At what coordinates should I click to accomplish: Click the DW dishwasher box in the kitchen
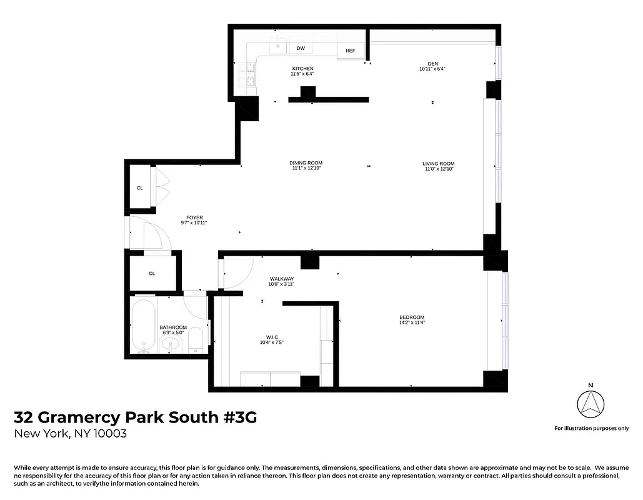coord(301,48)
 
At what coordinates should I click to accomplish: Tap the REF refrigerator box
coord(351,51)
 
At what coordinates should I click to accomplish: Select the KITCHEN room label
coord(302,69)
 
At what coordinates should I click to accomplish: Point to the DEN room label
coord(432,63)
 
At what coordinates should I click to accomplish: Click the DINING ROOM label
coord(307,163)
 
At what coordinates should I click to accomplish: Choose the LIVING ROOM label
coord(438,164)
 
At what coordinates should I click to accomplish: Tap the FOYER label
coord(194,217)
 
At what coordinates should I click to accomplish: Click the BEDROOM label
coord(412,317)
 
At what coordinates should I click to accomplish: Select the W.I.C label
coord(272,338)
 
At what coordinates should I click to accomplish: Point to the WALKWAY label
coord(281,279)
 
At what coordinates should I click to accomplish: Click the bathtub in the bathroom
coord(142,326)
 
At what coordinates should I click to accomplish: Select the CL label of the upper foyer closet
coord(140,187)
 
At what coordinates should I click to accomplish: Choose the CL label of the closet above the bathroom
coord(152,273)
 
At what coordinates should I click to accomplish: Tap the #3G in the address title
coord(240,417)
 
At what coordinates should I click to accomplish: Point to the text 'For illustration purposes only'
coord(591,428)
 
